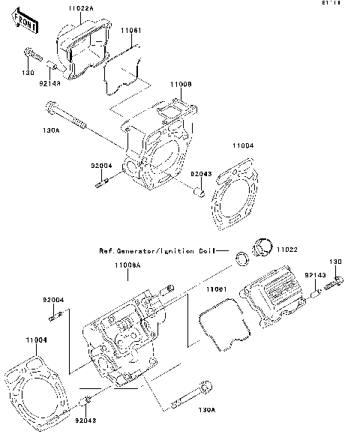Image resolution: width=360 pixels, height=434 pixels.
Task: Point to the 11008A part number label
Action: point(129,265)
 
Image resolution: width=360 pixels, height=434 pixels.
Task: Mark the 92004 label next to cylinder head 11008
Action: point(101,165)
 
